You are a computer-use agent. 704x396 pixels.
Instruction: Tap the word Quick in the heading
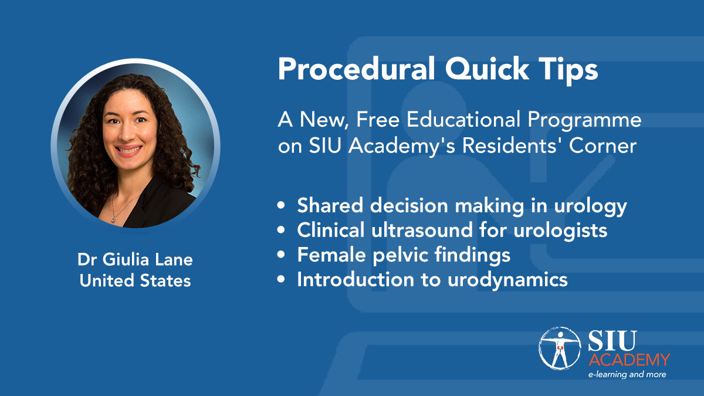pyautogui.click(x=487, y=70)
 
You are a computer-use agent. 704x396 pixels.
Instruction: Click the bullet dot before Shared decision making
pyautogui.click(x=281, y=206)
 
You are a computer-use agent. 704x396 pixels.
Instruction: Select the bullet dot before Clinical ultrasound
pyautogui.click(x=281, y=230)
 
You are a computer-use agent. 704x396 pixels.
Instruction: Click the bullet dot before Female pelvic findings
pyautogui.click(x=281, y=255)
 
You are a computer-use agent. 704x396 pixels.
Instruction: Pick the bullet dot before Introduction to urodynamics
pyautogui.click(x=281, y=279)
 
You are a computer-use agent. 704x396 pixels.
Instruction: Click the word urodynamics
pyautogui.click(x=507, y=280)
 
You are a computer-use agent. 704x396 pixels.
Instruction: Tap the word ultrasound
pyautogui.click(x=422, y=230)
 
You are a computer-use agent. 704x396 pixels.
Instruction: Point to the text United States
pyautogui.click(x=135, y=280)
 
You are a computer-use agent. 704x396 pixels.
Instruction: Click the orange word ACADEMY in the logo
pyautogui.click(x=629, y=360)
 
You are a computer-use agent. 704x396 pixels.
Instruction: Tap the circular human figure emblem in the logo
pyautogui.click(x=560, y=348)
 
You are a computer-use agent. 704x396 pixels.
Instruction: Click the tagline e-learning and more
pyautogui.click(x=627, y=375)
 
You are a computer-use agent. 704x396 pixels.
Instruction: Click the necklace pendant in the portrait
pyautogui.click(x=113, y=220)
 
